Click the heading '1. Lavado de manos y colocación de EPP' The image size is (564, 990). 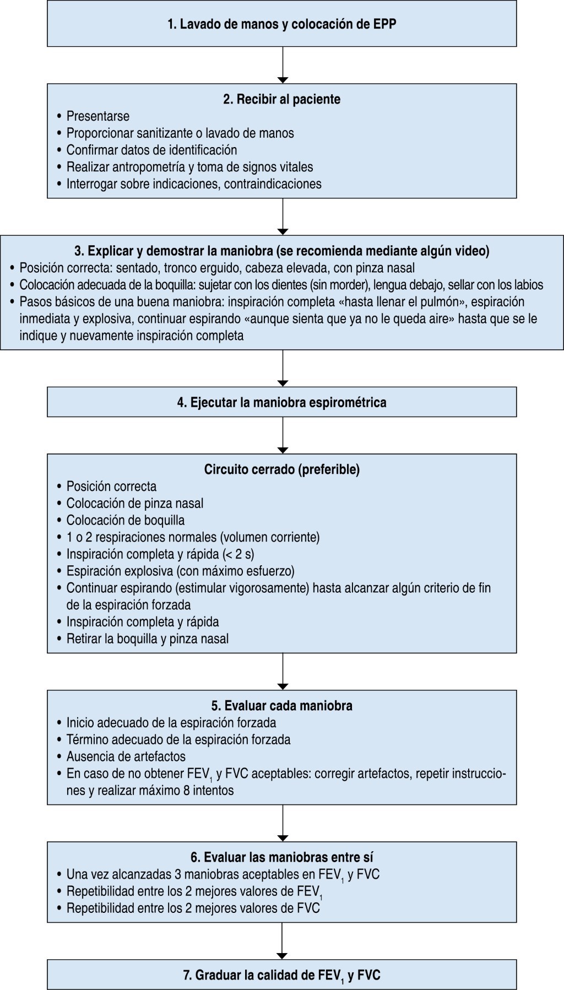tap(282, 25)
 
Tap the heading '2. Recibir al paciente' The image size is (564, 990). tap(282, 99)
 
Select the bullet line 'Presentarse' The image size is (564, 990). tap(98, 116)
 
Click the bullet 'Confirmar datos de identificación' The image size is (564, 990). tap(151, 150)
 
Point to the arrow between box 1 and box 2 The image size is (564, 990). tap(282, 65)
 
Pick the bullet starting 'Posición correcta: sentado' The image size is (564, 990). tap(217, 268)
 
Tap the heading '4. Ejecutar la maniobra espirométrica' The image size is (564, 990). tap(282, 402)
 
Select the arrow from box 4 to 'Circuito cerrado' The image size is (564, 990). tap(282, 435)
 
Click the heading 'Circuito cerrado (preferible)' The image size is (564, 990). tap(282, 469)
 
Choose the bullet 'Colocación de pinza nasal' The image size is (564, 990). tap(135, 504)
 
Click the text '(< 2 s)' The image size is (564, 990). tap(237, 554)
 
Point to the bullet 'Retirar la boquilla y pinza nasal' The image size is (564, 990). tap(147, 639)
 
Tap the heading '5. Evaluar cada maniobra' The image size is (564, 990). tap(282, 706)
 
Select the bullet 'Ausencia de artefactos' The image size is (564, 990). tap(126, 756)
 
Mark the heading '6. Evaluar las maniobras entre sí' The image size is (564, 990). tap(282, 857)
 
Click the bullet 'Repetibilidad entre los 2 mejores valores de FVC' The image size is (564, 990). tap(193, 908)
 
